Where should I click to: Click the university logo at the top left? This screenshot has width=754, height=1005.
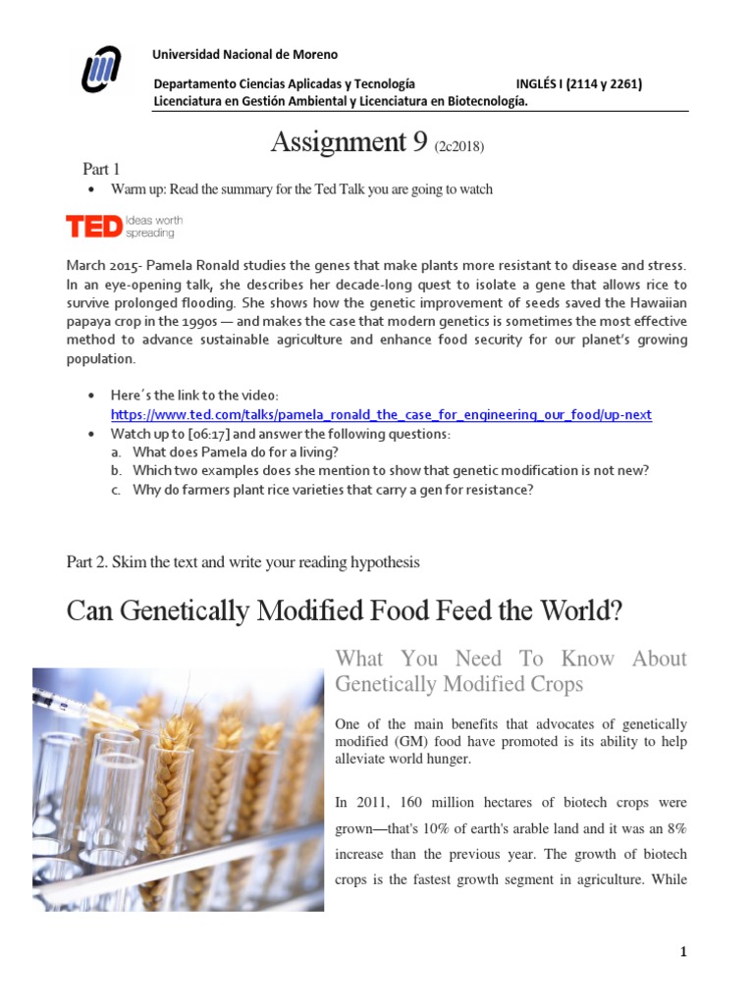click(x=101, y=73)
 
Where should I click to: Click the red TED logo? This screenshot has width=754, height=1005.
click(x=93, y=227)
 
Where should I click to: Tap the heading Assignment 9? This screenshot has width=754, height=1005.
click(x=350, y=143)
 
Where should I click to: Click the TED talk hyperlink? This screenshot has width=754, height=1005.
click(x=381, y=414)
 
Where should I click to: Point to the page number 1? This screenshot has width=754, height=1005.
click(x=682, y=952)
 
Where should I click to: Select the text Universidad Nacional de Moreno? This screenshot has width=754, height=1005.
click(x=245, y=55)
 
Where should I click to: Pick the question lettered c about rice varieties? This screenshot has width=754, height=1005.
click(x=333, y=489)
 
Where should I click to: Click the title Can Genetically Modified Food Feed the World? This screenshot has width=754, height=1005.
click(x=345, y=610)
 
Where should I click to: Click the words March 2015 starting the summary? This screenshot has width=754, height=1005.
click(x=99, y=265)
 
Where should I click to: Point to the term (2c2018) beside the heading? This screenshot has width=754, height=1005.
click(x=459, y=147)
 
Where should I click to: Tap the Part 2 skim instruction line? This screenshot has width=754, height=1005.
click(x=242, y=562)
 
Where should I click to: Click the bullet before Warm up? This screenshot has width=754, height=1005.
click(x=90, y=189)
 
